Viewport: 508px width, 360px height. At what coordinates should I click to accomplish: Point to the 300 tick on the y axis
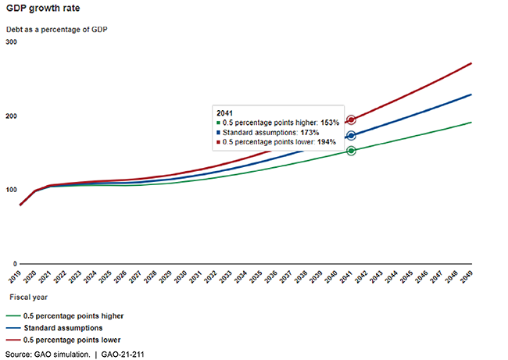tap(11, 41)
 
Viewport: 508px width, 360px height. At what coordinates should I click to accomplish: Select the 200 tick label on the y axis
tap(11, 116)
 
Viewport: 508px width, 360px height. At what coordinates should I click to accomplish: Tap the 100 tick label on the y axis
tap(11, 190)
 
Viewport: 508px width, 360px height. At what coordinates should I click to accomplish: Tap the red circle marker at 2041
tap(351, 120)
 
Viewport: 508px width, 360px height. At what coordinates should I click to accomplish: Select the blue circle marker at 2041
tap(351, 136)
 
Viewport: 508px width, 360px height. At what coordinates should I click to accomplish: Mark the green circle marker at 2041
tap(351, 150)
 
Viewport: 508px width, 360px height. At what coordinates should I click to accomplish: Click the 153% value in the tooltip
tap(330, 123)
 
